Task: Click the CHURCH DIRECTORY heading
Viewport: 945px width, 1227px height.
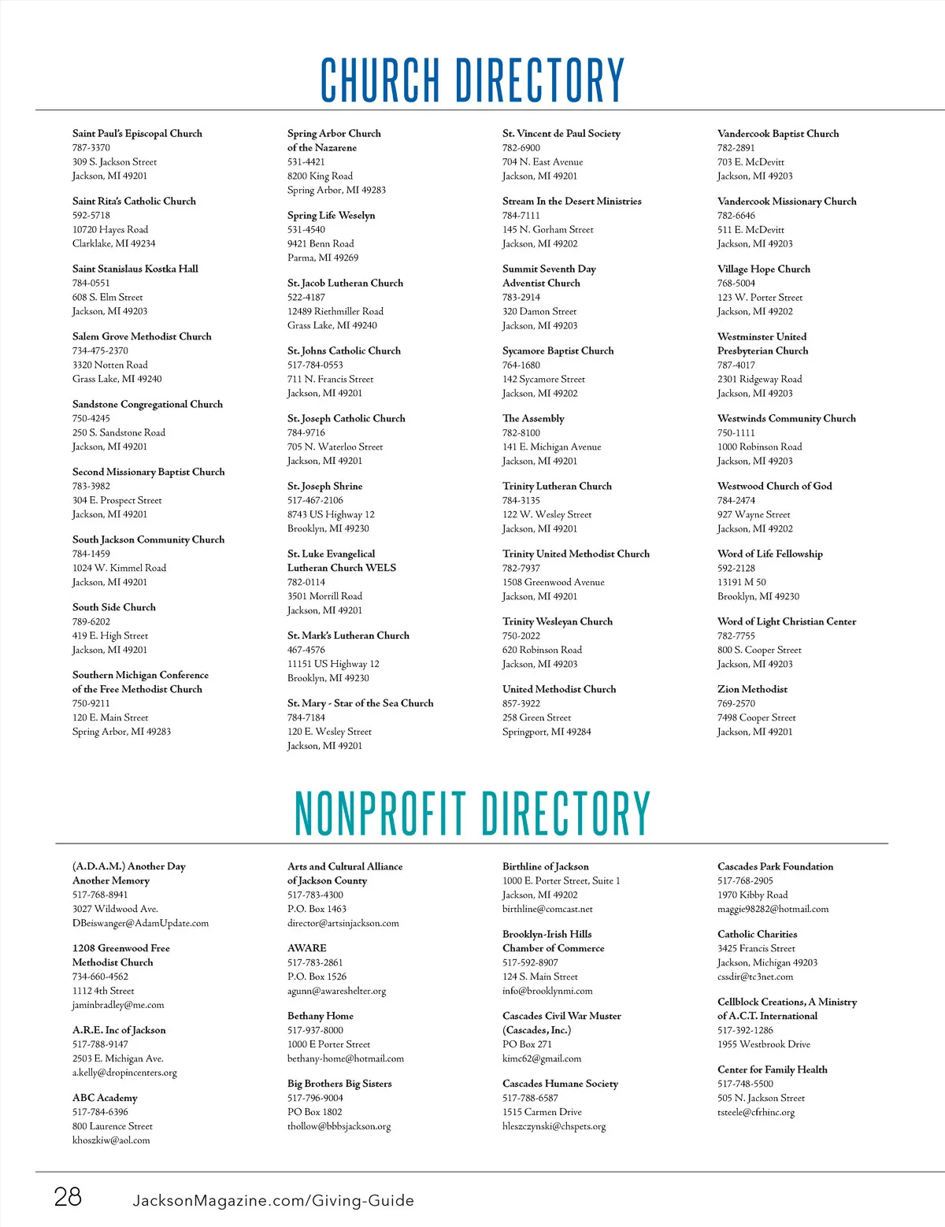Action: (x=472, y=80)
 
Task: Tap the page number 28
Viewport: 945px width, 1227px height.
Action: (x=68, y=1197)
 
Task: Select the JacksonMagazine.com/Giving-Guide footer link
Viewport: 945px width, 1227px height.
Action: (x=273, y=1201)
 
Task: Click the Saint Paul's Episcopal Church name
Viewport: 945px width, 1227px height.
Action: (x=137, y=134)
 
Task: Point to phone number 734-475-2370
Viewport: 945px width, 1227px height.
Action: (x=100, y=351)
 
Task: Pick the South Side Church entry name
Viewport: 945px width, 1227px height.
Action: (x=114, y=607)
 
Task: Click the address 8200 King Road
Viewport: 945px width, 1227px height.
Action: (x=320, y=176)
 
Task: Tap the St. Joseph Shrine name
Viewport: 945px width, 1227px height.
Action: (x=324, y=487)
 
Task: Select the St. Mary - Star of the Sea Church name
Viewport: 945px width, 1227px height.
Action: (x=360, y=703)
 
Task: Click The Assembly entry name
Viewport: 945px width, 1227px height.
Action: (x=533, y=419)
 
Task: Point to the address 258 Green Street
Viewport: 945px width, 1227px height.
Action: (x=536, y=717)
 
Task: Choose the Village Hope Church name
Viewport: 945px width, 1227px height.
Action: (x=763, y=269)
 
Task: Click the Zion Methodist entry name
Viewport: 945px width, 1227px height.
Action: (x=752, y=689)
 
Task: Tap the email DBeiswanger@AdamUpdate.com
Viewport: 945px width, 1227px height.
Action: (x=140, y=923)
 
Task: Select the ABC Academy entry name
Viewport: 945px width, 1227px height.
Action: (x=105, y=1098)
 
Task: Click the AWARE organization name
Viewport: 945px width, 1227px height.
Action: (x=306, y=948)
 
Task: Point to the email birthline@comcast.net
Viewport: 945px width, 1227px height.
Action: (x=547, y=909)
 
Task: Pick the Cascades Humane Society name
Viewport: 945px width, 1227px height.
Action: (x=560, y=1084)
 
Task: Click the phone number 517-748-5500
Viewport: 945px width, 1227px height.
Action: (x=745, y=1084)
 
